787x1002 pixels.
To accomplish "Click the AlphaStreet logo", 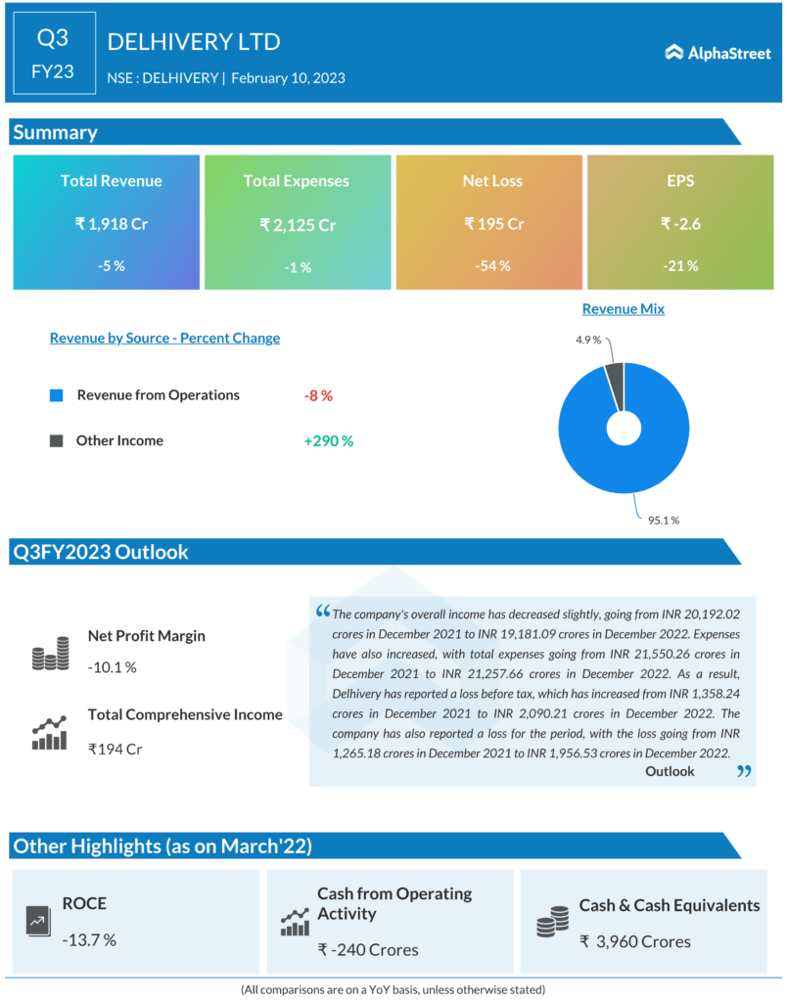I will coord(718,53).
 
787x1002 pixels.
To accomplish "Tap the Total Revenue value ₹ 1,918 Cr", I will coord(111,224).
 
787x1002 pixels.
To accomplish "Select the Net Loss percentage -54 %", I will coord(493,266).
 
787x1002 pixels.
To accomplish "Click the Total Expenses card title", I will coord(296,181).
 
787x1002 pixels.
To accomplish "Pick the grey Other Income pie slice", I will coord(615,375).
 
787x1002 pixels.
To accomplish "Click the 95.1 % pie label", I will coord(662,520).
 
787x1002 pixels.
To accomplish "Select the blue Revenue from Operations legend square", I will coord(56,395).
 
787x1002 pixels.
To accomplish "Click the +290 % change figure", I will coord(328,441).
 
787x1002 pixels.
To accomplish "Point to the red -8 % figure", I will coord(318,395).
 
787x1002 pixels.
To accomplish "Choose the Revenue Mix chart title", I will coord(623,309).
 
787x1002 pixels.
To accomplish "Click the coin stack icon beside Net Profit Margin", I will coord(50,653).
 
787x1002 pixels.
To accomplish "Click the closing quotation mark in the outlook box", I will coord(743,772).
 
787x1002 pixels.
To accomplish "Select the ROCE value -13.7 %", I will coord(89,939).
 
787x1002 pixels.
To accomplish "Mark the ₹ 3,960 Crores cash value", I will coord(635,941).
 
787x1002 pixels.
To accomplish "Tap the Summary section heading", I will coord(55,133).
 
